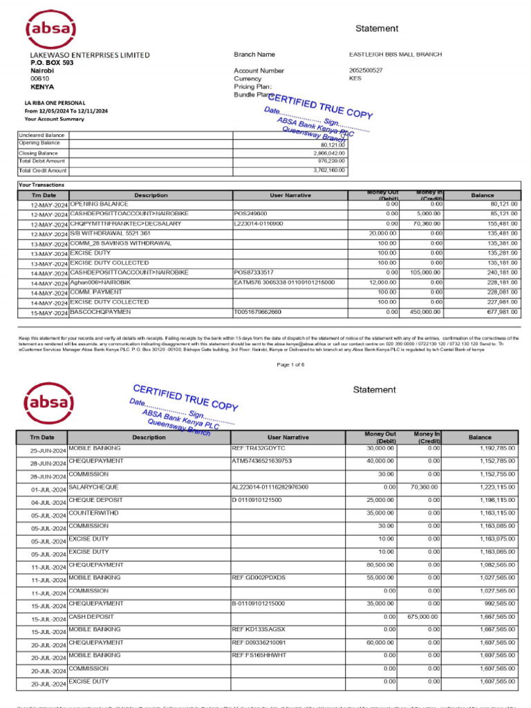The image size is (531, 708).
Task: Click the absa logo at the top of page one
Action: tap(50, 28)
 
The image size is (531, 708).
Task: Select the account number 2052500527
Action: tap(366, 71)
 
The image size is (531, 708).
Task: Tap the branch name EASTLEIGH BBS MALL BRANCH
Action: tap(395, 55)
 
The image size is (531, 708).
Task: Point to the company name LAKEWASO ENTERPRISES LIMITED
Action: tap(89, 55)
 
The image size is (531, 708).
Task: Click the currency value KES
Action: tap(355, 79)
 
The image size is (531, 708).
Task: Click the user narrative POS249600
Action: tap(251, 214)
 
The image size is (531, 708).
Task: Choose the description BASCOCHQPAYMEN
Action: tap(100, 313)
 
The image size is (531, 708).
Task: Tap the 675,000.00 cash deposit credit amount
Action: tap(421, 617)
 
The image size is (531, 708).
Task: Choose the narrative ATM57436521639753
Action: tap(262, 461)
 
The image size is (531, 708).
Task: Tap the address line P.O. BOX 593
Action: tap(52, 63)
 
